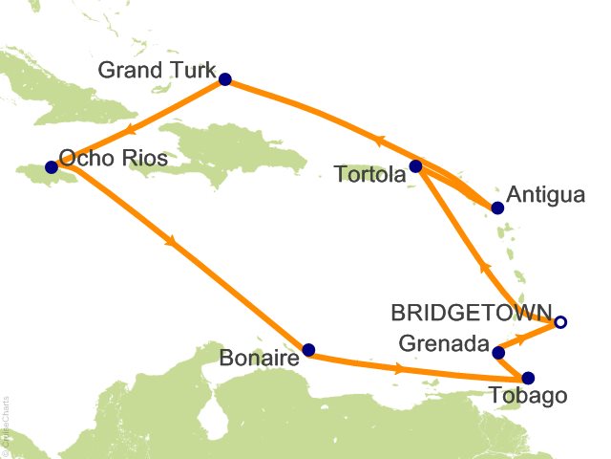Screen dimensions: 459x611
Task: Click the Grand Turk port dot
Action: pos(225,79)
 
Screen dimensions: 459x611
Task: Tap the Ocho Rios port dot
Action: pos(52,166)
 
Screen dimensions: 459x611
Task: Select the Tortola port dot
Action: pos(415,166)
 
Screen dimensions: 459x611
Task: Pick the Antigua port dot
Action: pos(496,208)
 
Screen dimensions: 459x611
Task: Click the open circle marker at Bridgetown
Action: pos(560,322)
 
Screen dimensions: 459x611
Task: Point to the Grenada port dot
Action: pos(497,353)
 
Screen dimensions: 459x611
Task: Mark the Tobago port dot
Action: pos(528,378)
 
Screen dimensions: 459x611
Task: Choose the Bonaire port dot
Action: pos(307,350)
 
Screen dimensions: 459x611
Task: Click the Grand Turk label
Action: pos(158,71)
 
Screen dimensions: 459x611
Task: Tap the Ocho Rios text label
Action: pos(113,158)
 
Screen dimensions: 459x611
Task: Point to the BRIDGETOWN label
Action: pos(472,313)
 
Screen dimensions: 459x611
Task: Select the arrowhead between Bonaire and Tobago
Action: pos(398,368)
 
